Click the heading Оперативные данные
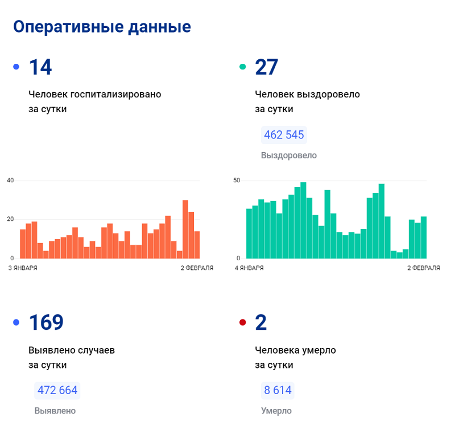pos(102,27)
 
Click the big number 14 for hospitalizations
pos(40,67)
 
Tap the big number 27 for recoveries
pos(267,67)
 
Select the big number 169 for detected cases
pos(46,322)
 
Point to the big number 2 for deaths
pos(261,322)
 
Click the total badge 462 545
pos(284,135)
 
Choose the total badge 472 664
pos(57,390)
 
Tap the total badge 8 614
pos(278,390)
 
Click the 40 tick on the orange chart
pos(10,181)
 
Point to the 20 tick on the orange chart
pos(10,219)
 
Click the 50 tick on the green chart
pos(237,181)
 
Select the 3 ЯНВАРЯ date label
pos(23,268)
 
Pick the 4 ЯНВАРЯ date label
pos(249,268)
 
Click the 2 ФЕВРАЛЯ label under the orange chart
pos(197,268)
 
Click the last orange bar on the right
pos(197,245)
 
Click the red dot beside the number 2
pos(243,323)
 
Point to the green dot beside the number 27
pos(243,67)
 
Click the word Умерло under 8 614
pos(276,411)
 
